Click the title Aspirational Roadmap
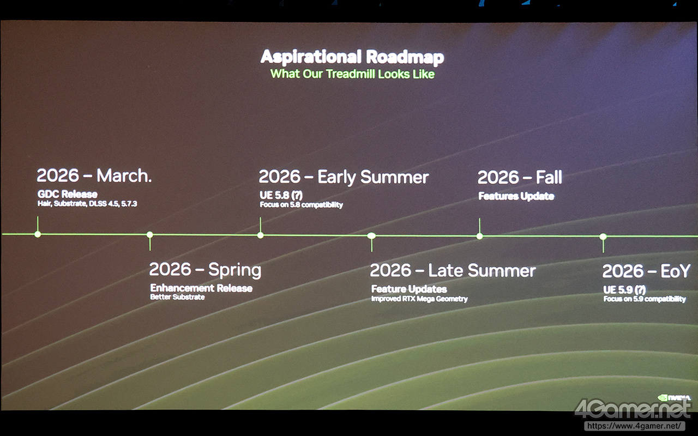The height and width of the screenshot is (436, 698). (352, 57)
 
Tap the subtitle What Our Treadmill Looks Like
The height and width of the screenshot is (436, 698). (352, 74)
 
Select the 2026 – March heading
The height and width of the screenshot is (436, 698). (94, 175)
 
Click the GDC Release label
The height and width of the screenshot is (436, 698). (67, 194)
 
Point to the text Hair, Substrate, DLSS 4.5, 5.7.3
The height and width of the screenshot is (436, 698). (87, 204)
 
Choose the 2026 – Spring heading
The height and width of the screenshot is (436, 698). (205, 270)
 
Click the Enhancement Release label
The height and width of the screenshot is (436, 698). (201, 288)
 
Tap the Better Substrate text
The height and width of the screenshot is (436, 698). (177, 297)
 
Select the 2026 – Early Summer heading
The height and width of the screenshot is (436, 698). (344, 177)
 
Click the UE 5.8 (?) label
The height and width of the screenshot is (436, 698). (281, 195)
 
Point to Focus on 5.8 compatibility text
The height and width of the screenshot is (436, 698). (302, 204)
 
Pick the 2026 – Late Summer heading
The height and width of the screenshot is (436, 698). (453, 270)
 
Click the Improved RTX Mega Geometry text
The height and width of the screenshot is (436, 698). (419, 299)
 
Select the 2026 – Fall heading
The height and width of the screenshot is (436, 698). (520, 177)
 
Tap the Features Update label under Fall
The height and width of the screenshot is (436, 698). (516, 196)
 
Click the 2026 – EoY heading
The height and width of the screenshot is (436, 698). (646, 271)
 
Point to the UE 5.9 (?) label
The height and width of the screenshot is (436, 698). (624, 290)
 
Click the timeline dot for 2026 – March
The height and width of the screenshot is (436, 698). (38, 234)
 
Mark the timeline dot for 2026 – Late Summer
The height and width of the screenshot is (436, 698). (371, 236)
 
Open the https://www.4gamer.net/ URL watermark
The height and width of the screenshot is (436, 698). (634, 426)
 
